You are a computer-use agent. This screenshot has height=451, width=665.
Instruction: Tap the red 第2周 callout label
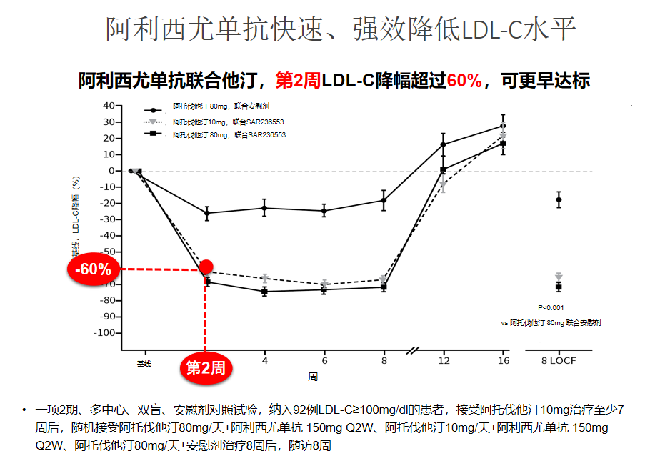tap(206, 368)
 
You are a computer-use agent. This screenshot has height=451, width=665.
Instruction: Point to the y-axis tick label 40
tap(109, 106)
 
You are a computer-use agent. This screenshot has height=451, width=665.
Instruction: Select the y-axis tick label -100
tap(105, 333)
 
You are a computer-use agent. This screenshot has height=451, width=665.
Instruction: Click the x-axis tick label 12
tap(444, 360)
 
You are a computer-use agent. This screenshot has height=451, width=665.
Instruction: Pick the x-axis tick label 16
tap(504, 360)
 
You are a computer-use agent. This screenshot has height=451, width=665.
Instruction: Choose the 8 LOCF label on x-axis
tap(559, 360)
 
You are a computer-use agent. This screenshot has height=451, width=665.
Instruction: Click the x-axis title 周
tap(313, 376)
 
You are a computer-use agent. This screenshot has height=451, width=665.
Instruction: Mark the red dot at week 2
tap(206, 267)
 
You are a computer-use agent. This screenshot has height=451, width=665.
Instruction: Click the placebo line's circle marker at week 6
tap(324, 211)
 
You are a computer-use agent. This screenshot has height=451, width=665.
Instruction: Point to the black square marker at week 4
tap(265, 292)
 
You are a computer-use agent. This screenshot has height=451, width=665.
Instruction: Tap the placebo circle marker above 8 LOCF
tap(559, 199)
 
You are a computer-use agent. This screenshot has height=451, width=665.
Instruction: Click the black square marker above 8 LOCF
tap(559, 287)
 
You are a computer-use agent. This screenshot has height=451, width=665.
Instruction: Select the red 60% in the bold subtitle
tap(464, 81)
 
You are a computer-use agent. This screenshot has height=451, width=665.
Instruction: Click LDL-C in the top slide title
tap(492, 31)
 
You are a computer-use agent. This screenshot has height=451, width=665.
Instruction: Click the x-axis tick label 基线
tap(144, 364)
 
